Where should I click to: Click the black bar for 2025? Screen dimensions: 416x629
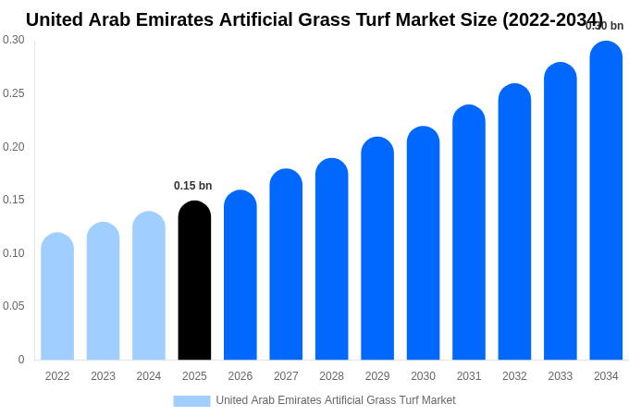[194, 282]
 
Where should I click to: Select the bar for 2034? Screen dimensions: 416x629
[606, 203]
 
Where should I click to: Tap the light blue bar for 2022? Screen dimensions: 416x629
[57, 298]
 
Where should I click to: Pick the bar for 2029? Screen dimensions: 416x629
[377, 250]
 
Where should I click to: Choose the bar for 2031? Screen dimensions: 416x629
[469, 233]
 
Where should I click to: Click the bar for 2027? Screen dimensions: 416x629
[286, 265]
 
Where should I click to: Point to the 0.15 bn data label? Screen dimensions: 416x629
[192, 186]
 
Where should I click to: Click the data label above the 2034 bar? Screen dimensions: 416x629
[604, 26]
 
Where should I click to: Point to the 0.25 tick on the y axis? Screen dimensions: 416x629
[14, 93]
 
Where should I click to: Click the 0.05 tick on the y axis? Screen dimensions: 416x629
[14, 306]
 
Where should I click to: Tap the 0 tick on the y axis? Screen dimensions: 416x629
[21, 360]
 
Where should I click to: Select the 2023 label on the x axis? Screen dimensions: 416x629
[103, 376]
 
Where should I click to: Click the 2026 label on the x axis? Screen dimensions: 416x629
[240, 376]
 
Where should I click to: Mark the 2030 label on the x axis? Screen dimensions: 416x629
[423, 376]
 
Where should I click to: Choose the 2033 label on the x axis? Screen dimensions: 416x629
[561, 376]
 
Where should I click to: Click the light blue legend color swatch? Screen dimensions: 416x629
[191, 400]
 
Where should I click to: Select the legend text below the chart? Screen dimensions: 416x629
[336, 400]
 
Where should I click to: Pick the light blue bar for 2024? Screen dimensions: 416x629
[149, 287]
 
